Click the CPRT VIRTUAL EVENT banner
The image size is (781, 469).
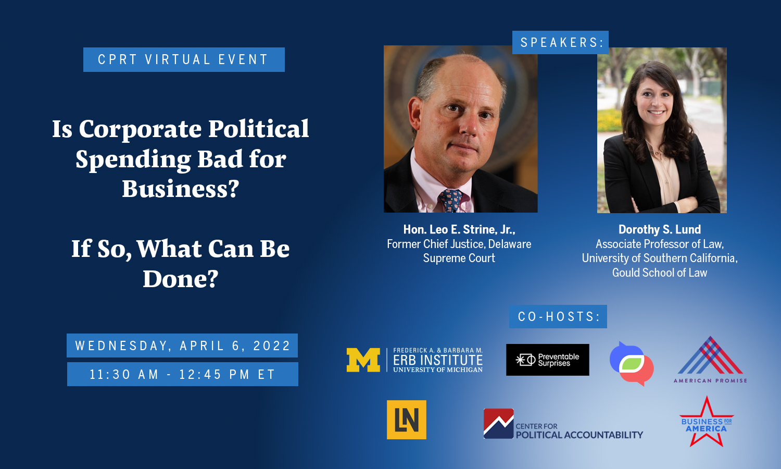point(184,60)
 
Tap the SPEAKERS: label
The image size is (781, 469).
point(560,43)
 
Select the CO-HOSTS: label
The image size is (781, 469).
point(558,316)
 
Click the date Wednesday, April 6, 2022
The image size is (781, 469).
point(182,345)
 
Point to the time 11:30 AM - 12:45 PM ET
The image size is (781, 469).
point(182,374)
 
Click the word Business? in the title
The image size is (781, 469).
point(181,189)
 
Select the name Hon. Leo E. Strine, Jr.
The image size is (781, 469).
point(459,229)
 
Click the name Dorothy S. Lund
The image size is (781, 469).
point(660,229)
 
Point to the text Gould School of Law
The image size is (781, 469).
point(660,273)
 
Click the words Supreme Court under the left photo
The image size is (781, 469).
point(459,258)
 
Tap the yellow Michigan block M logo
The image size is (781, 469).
point(363,360)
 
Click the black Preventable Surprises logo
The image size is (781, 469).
point(548,360)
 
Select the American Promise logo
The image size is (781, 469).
point(710,360)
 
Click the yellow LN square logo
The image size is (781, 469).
point(407,420)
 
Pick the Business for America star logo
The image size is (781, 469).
point(706,422)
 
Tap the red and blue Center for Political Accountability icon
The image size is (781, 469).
point(499,424)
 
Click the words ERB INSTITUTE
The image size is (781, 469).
point(438,360)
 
